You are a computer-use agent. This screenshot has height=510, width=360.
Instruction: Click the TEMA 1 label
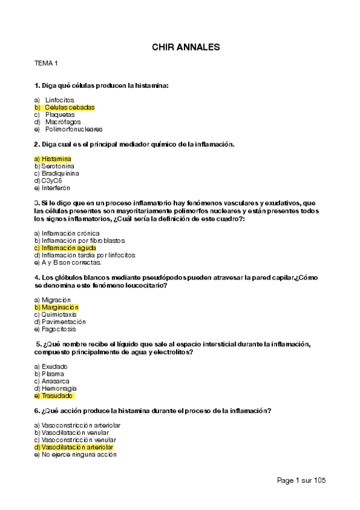pos(46,63)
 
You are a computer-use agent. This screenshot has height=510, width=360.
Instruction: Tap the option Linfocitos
pos(59,100)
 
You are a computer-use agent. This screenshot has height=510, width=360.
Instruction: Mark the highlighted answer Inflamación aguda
pos(68,248)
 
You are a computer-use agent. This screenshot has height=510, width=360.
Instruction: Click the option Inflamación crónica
pos(70,233)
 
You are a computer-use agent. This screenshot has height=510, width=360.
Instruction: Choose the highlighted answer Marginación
pos(59,307)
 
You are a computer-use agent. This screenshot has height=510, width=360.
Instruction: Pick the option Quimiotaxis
pos(58,314)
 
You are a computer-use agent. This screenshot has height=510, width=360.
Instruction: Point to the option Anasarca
pos(55,381)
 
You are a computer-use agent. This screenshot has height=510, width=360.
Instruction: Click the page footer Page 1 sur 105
pos(301,480)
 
